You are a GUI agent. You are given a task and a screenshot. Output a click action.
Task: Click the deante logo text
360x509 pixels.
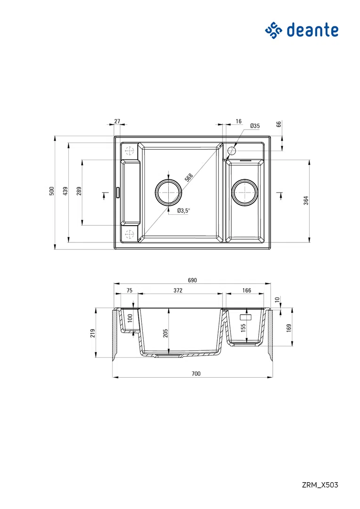[312, 30]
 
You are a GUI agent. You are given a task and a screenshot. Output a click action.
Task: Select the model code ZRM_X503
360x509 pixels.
[320, 485]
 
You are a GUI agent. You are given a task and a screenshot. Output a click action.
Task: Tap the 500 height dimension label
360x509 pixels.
[52, 191]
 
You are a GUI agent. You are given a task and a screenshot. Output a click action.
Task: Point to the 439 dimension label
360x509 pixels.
[65, 191]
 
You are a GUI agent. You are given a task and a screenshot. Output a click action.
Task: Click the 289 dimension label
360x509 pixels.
[79, 191]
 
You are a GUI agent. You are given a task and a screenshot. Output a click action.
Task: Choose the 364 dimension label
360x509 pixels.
[305, 200]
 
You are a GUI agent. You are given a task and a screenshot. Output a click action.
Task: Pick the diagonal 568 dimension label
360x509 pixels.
[188, 178]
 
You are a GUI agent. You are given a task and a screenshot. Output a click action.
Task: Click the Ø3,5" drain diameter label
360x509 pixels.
[183, 210]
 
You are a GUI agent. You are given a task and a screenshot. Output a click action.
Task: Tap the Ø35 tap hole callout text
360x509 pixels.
[255, 126]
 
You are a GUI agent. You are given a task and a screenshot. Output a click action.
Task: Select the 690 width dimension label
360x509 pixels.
[192, 280]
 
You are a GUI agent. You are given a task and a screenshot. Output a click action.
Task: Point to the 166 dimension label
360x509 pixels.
[247, 291]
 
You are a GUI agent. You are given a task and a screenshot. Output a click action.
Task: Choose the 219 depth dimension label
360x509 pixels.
[93, 333]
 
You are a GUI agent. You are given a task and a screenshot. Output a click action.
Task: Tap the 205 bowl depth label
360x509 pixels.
[165, 333]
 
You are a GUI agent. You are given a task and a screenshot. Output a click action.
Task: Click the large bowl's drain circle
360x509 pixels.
[168, 192]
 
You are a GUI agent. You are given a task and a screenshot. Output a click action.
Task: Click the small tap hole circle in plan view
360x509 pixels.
[231, 151]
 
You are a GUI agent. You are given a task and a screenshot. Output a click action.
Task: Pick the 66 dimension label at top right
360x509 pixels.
[278, 124]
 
